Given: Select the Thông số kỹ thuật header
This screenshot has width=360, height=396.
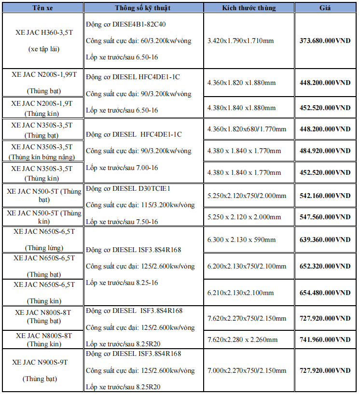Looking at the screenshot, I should [143, 8].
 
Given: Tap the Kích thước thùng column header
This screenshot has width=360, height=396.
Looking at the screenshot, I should [249, 8].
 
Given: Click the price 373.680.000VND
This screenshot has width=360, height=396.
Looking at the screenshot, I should [325, 41].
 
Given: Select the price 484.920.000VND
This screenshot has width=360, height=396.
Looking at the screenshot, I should [325, 151].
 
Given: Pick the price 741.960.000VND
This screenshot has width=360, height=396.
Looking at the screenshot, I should [325, 340].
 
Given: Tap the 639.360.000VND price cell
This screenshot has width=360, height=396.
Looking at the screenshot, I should [325, 240].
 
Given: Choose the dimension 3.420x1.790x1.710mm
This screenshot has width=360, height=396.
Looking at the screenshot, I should [241, 41].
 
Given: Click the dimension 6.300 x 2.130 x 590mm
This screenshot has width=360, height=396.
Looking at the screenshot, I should [241, 240].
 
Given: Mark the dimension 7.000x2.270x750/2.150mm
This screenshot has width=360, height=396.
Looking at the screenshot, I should [247, 371].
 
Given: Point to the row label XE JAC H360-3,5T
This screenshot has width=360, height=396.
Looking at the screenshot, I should [43, 32].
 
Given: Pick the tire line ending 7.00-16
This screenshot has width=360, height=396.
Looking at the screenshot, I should [122, 168].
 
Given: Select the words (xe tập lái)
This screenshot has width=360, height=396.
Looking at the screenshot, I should [43, 49].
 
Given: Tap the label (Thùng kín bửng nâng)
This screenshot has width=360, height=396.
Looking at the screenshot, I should [43, 157].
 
